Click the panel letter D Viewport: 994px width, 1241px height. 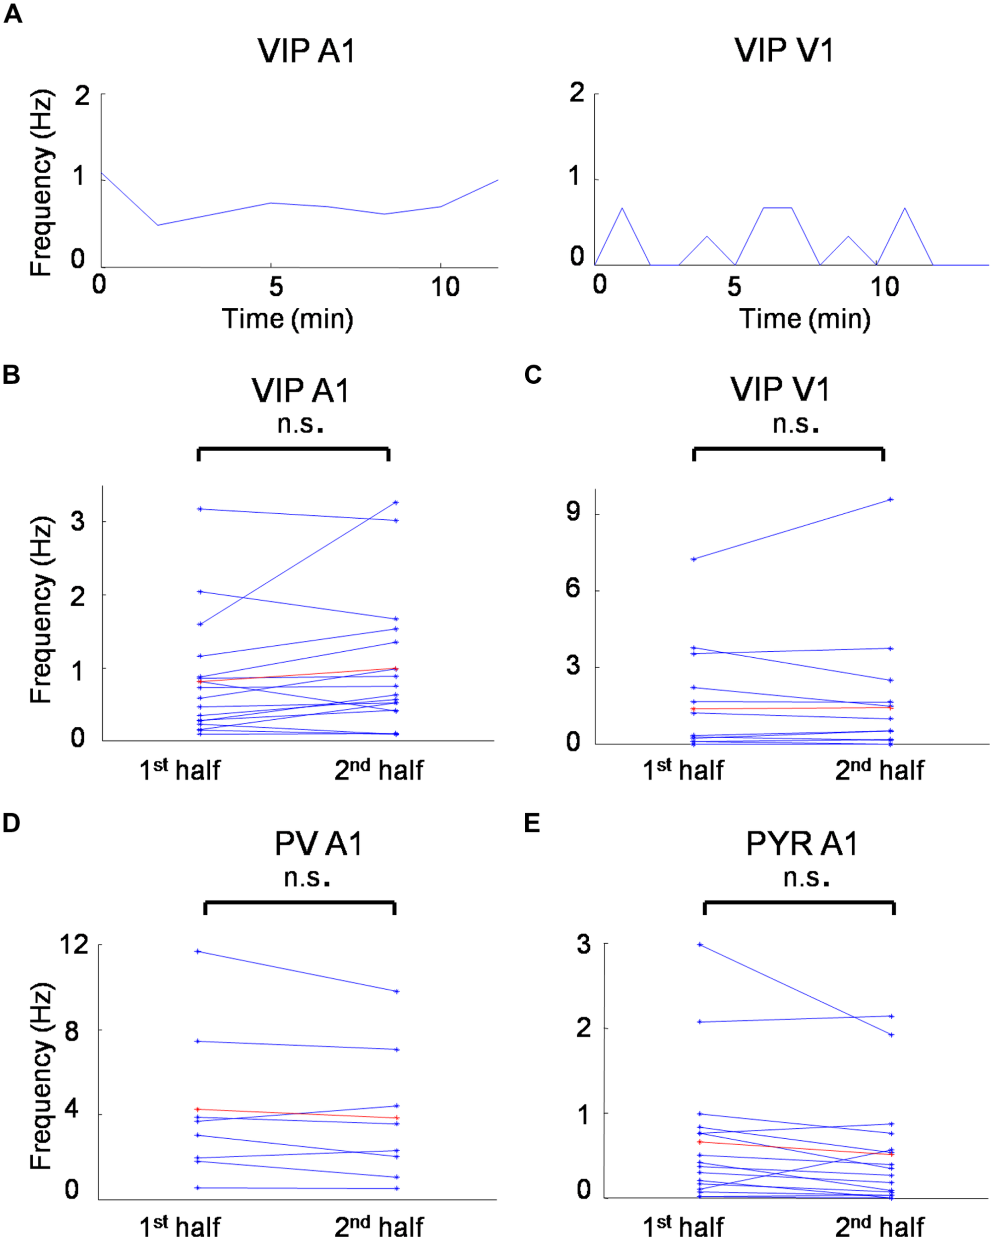click(x=11, y=823)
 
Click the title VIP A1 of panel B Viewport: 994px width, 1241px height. click(x=300, y=391)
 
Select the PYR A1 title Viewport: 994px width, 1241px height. click(x=802, y=844)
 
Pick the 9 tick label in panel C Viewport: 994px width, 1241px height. click(x=573, y=511)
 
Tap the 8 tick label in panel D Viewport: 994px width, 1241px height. click(x=72, y=1031)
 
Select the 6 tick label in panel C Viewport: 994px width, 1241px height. click(x=573, y=588)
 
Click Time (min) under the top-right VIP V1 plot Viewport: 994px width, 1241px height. click(x=804, y=319)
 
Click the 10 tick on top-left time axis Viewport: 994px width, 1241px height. click(x=445, y=286)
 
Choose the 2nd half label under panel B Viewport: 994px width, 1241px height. click(x=378, y=770)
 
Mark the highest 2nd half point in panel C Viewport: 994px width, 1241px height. click(x=890, y=499)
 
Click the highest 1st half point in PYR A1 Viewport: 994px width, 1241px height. click(x=700, y=945)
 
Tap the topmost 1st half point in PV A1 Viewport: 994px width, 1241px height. click(x=198, y=952)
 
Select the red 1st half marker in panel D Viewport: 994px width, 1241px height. click(x=198, y=1109)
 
